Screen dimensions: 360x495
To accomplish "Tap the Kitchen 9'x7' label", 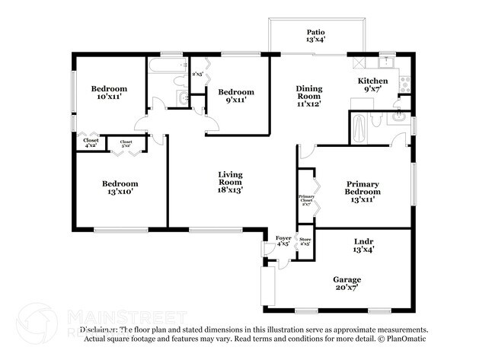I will click(373, 84).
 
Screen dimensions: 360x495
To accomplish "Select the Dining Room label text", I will click(309, 93).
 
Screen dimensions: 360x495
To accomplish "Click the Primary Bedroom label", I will click(362, 188).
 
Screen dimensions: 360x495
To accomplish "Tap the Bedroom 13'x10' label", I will click(120, 188).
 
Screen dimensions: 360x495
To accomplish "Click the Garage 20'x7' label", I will click(346, 284).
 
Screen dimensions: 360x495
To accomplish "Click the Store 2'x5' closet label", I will click(305, 242).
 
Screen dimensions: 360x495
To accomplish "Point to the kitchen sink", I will click(387, 61).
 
